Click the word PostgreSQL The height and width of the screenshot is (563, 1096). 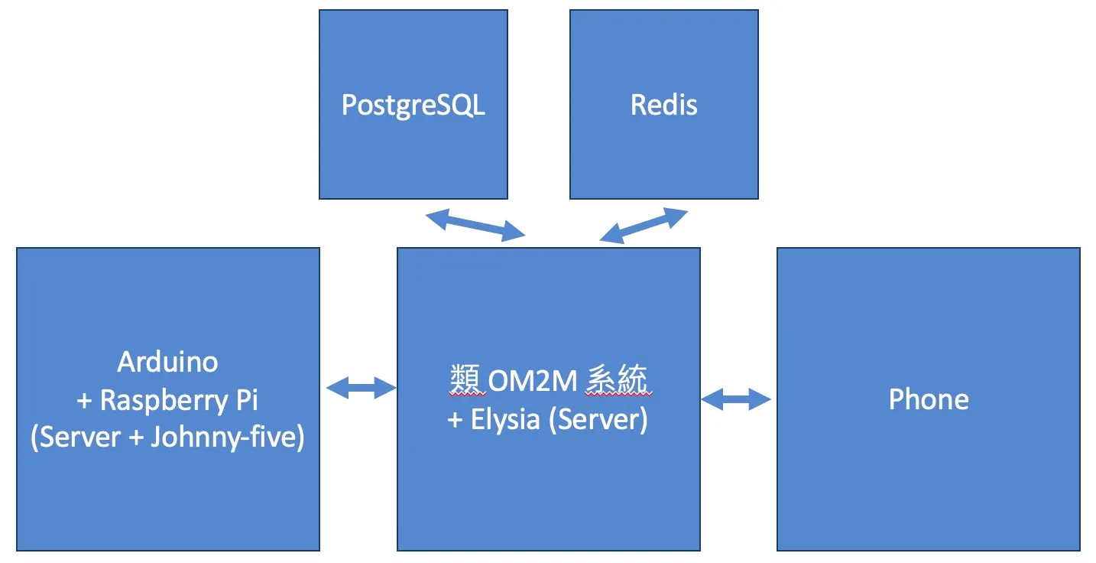413,106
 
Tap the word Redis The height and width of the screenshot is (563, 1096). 664,105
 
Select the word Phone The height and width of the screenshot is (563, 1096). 929,399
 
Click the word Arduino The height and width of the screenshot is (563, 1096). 167,362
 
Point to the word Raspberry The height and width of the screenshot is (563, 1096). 164,401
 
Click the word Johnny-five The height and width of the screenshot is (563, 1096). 228,438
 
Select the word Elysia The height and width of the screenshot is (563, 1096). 505,419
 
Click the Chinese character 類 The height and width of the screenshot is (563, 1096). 467,380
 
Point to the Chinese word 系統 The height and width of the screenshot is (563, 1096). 618,380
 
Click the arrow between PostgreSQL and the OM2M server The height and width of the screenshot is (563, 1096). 475,225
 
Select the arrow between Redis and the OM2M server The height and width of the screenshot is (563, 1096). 644,225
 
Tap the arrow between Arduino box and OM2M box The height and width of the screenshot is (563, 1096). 361,388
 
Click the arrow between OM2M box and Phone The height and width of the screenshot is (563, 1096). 736,399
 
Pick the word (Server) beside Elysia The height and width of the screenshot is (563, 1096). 598,419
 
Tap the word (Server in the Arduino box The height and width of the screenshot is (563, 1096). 76,438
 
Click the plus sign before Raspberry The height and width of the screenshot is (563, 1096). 84,401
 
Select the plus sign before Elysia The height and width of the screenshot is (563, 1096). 455,420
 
